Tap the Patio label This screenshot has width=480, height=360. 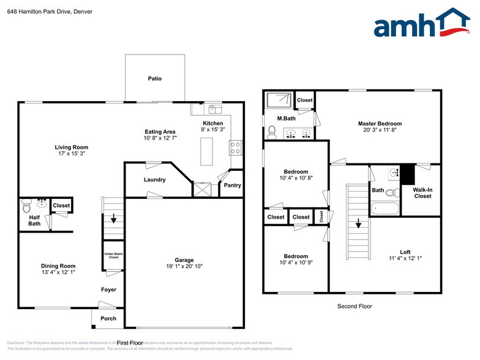pyautogui.click(x=154, y=78)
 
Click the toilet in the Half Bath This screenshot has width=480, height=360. pyautogui.click(x=26, y=207)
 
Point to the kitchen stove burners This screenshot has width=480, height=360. pyautogui.click(x=236, y=147)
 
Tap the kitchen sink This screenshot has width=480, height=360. pyautogui.click(x=215, y=109)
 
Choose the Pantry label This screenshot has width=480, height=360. pyautogui.click(x=232, y=185)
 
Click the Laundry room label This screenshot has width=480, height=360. pyautogui.click(x=154, y=179)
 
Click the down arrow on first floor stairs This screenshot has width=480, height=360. pyautogui.click(x=113, y=219)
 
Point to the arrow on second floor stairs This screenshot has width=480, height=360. pyautogui.click(x=358, y=223)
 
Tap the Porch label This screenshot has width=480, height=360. pyautogui.click(x=108, y=318)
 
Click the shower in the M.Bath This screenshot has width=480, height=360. pyautogui.click(x=279, y=99)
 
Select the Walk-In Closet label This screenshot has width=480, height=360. pyautogui.click(x=422, y=193)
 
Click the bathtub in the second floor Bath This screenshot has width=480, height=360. pyautogui.click(x=384, y=209)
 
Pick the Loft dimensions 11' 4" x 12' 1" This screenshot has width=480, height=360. pyautogui.click(x=405, y=258)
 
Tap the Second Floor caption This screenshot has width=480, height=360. pyautogui.click(x=354, y=306)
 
